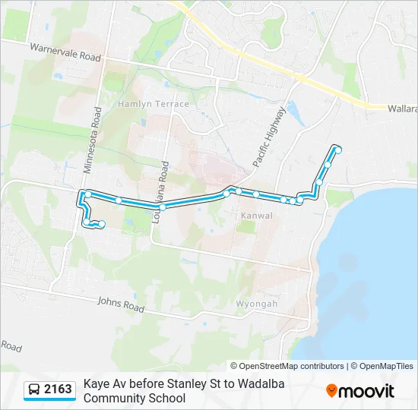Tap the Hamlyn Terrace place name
[154, 103]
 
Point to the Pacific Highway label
[271, 137]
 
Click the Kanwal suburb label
[256, 216]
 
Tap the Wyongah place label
[257, 304]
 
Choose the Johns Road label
[120, 304]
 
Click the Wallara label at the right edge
[402, 109]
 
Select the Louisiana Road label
[161, 184]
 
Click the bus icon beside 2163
[34, 389]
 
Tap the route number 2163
[58, 389]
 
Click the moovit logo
[360, 390]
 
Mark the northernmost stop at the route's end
[338, 150]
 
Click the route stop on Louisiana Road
[163, 207]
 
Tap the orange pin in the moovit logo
[331, 390]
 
